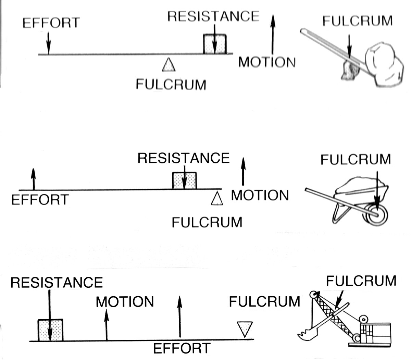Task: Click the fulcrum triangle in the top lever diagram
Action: [x=169, y=65]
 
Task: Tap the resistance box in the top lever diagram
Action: [x=215, y=44]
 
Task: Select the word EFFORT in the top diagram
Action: [x=51, y=23]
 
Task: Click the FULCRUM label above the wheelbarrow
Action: [x=356, y=160]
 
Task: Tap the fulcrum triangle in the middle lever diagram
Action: [x=217, y=199]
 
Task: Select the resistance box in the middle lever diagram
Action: [x=184, y=181]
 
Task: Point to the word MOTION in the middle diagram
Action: [x=260, y=195]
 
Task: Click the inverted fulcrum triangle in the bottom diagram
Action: [x=245, y=329]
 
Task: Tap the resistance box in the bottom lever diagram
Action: [x=50, y=330]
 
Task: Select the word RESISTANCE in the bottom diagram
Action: [x=57, y=283]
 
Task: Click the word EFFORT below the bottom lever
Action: [x=182, y=349]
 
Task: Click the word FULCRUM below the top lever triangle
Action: [x=171, y=84]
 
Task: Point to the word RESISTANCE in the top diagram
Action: [x=213, y=16]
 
